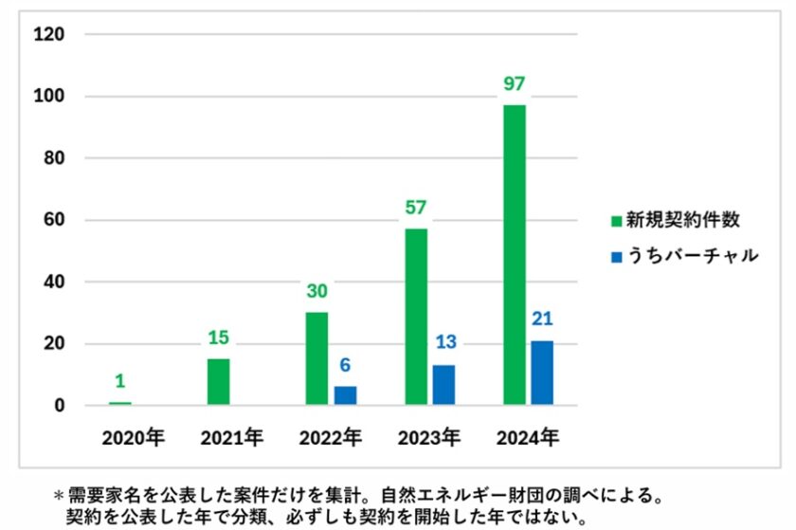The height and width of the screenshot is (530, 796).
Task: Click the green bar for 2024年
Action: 515,255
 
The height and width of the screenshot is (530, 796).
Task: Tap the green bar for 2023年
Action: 416,317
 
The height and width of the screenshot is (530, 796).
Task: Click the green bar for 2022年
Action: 317,358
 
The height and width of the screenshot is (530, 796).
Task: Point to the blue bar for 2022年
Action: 345,396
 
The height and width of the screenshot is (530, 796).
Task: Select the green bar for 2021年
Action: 218,382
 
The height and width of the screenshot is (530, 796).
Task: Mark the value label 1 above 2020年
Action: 120,381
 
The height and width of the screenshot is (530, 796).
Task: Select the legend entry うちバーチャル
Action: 684,256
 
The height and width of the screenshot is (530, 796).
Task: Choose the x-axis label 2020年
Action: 134,438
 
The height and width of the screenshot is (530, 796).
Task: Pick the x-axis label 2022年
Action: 331,438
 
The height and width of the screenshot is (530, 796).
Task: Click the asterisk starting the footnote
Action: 58,496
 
